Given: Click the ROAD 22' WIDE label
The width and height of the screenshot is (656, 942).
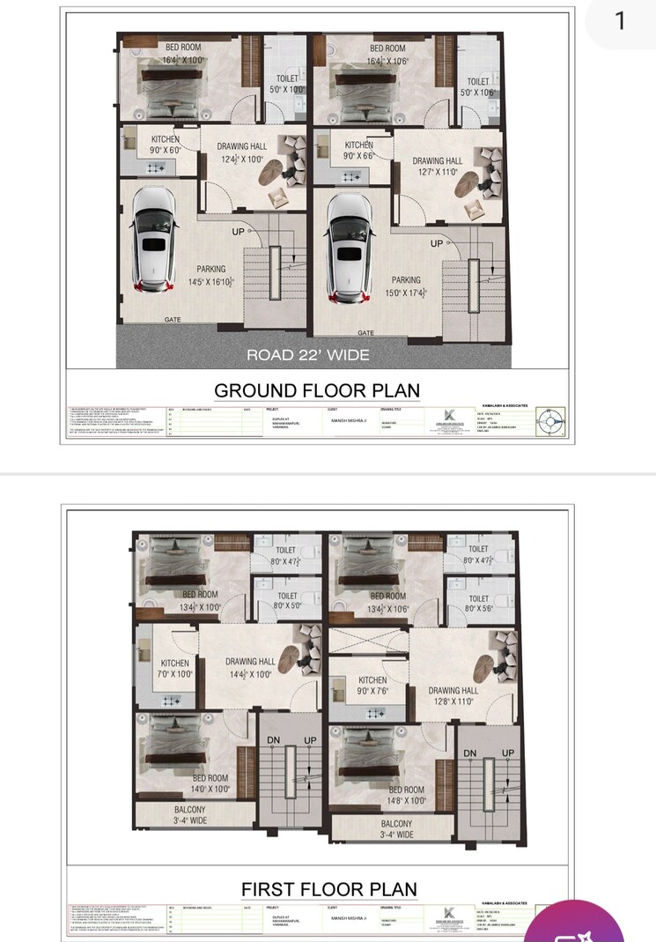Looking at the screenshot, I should [x=308, y=355].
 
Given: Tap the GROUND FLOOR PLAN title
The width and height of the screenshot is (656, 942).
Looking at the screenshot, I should [x=317, y=390].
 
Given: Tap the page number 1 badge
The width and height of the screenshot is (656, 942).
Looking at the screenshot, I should [x=619, y=21].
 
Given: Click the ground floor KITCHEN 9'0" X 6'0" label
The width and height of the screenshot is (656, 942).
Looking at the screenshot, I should [x=165, y=145].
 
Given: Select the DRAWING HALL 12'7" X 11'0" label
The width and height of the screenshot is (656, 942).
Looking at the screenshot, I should [x=438, y=167].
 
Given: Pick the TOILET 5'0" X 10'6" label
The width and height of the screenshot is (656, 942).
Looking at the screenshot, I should [x=478, y=86].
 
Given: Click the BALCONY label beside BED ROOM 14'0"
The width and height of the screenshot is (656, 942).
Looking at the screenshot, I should [x=189, y=815].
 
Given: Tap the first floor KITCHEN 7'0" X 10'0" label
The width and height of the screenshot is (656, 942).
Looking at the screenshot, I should [x=175, y=669].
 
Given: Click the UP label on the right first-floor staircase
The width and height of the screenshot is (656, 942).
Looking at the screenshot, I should [x=507, y=753].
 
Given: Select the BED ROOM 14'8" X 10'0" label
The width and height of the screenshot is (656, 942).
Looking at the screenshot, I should [x=407, y=796].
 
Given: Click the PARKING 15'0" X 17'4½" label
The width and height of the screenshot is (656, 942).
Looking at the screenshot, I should [x=406, y=286].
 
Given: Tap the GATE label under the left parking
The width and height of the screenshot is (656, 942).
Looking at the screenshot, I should [x=173, y=320].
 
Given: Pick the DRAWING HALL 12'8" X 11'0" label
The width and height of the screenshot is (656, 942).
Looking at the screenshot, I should [x=453, y=696].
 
